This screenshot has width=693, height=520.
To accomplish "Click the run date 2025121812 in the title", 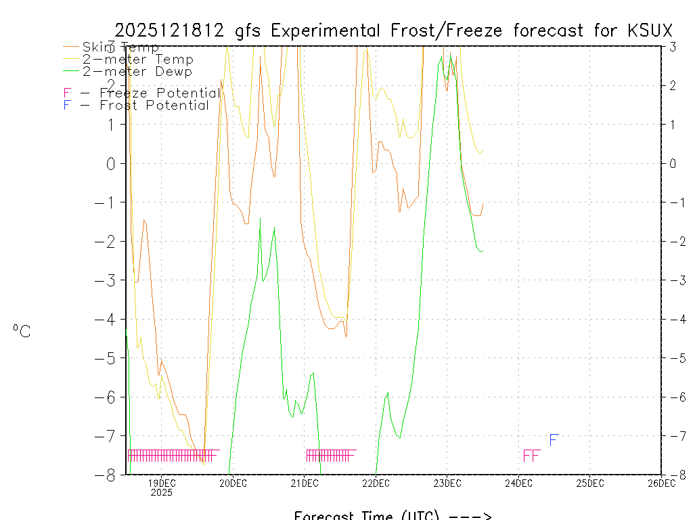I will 170,30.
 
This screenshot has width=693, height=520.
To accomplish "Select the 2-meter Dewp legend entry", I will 137,71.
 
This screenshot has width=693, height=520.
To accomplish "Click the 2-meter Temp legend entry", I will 137,60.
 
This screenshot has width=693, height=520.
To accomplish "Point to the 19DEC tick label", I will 161,483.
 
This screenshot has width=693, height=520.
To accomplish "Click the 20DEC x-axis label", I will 233,483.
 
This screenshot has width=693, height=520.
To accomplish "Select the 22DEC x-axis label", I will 376,483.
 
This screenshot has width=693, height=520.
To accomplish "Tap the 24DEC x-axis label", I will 518,483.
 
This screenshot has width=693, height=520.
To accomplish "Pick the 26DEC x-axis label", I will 661,483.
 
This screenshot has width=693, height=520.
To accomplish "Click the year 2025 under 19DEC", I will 161,493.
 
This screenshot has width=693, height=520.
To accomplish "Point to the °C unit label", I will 21,331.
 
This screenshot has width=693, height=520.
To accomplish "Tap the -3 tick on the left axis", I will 110,280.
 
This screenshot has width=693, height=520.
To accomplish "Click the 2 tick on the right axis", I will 672,85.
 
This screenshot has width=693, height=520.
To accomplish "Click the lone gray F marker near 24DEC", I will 553,441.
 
